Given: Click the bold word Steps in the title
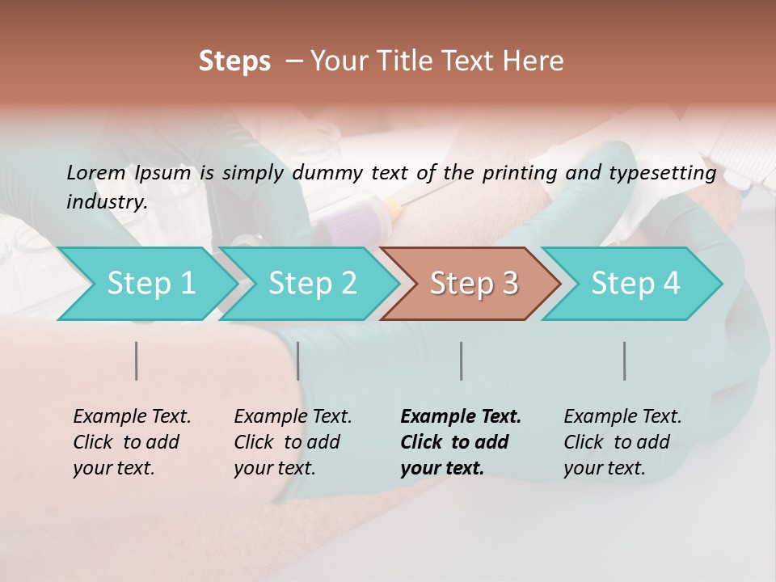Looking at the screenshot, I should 234,61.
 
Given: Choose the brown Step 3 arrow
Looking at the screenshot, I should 474,283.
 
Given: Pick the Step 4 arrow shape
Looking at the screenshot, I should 635,283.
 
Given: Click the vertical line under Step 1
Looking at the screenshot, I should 137,361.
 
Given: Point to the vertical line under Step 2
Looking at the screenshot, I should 298,361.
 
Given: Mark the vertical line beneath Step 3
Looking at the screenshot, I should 462,361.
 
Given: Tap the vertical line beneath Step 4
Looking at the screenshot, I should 625,361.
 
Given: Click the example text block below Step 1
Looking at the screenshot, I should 132,442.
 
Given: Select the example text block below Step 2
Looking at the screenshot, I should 293,442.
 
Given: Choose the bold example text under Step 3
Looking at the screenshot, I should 461,442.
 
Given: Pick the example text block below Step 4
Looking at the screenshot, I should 622,442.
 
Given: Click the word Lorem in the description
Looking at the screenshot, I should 96,172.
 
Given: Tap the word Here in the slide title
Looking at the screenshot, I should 533,61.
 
